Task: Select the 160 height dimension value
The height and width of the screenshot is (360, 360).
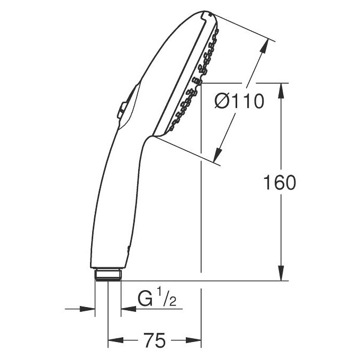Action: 279,183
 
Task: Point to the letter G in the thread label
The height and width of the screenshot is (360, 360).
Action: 145,299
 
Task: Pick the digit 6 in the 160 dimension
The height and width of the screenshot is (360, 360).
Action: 279,183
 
